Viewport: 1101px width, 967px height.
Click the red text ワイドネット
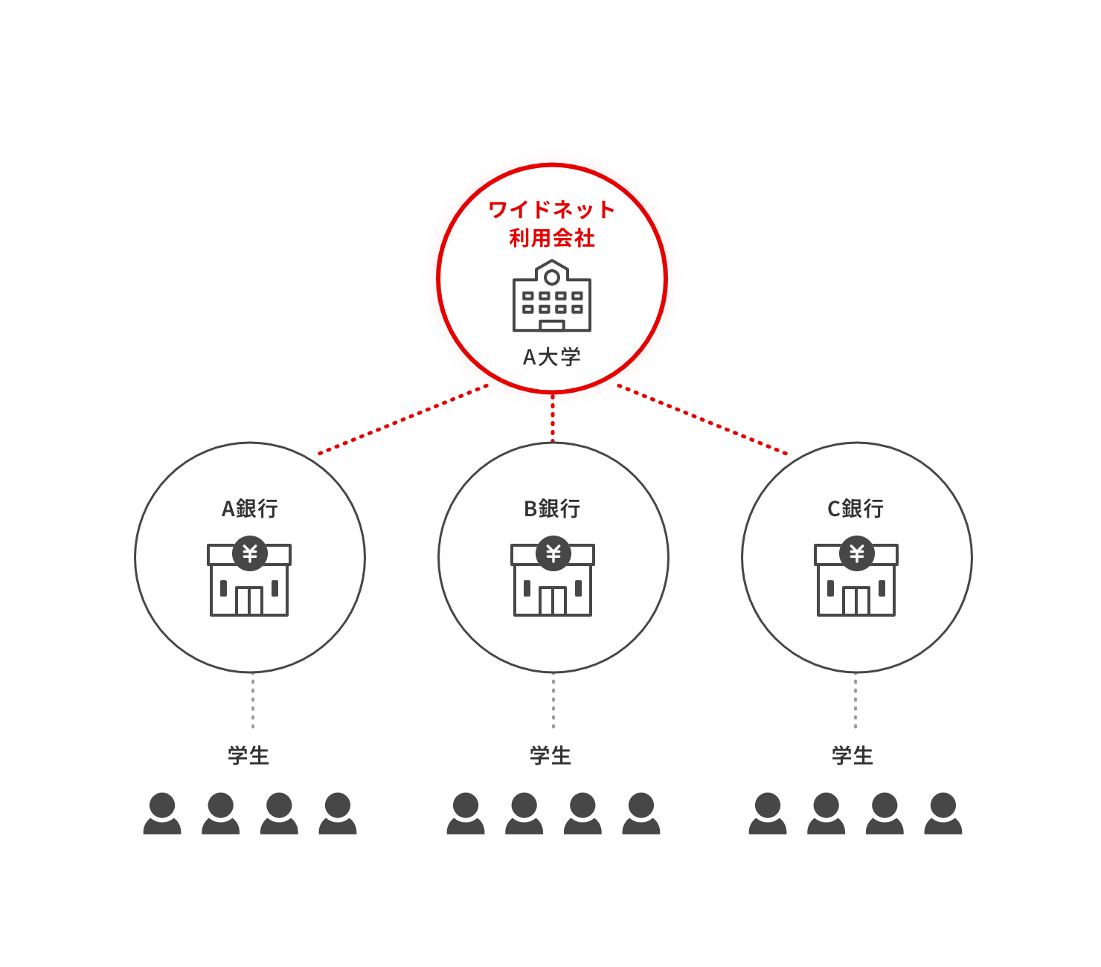point(551,210)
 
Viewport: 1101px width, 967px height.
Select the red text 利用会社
point(551,238)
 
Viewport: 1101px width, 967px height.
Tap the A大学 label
point(551,357)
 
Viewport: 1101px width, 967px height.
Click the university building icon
point(551,296)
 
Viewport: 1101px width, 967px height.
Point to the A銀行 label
point(250,509)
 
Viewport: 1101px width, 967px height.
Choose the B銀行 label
point(552,509)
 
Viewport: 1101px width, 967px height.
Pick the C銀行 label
point(856,509)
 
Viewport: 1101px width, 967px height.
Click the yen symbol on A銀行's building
point(250,553)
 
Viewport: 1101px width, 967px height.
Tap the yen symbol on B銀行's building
point(553,553)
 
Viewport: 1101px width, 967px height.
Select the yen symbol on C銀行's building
point(857,553)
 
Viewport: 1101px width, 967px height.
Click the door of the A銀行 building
point(249,601)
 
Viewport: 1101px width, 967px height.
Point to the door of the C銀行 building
point(856,601)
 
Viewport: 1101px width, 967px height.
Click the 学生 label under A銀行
point(248,756)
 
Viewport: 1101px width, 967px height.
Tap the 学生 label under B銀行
point(550,756)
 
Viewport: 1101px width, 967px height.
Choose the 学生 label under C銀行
point(853,756)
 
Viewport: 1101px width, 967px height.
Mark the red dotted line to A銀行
point(398,422)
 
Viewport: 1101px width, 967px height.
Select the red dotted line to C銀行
point(707,422)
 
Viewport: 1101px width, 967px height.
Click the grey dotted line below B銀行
point(553,701)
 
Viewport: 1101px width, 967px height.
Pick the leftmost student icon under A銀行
point(162,813)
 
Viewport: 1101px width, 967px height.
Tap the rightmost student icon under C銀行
point(943,813)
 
